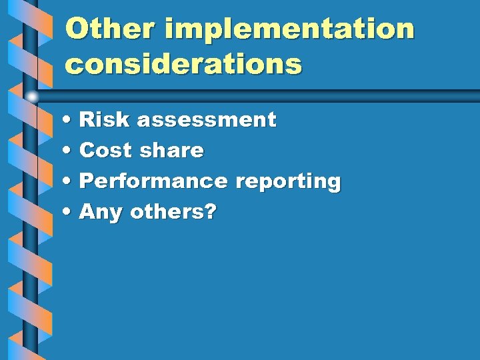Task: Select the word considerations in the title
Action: [x=183, y=64]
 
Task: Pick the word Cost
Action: [x=106, y=151]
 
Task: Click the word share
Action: [x=172, y=151]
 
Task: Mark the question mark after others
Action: [x=211, y=213]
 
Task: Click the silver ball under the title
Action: [x=32, y=97]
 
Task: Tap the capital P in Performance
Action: [x=87, y=181]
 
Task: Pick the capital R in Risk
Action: [x=87, y=120]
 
